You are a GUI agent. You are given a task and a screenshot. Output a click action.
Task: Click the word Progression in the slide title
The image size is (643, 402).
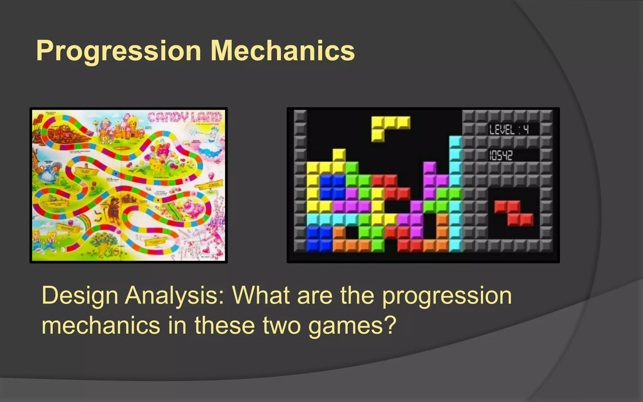click(x=119, y=51)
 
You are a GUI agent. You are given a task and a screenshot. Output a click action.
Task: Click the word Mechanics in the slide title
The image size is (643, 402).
click(x=283, y=51)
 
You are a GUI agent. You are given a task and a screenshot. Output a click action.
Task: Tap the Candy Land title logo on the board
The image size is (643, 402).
click(x=185, y=117)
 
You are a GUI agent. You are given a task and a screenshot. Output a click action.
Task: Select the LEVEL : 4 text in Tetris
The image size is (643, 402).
click(x=509, y=129)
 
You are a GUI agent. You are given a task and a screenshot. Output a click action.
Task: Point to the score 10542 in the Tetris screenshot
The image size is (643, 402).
click(x=501, y=155)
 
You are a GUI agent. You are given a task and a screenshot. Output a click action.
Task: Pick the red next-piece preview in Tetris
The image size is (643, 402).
click(x=514, y=213)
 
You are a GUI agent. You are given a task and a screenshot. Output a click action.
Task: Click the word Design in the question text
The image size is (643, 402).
click(x=80, y=296)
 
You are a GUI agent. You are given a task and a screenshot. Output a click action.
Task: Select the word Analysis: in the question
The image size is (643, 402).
click(x=175, y=296)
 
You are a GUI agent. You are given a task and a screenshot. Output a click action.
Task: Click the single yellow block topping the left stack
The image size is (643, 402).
click(x=339, y=155)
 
